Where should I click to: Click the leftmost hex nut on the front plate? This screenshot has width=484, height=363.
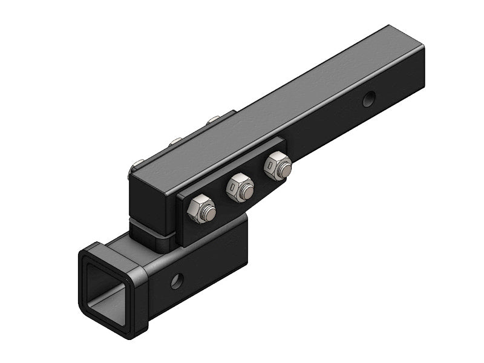click(x=200, y=210)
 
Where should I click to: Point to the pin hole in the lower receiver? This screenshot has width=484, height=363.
click(x=176, y=280)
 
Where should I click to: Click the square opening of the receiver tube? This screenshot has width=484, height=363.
click(x=106, y=290)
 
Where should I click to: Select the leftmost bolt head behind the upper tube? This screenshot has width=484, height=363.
click(x=138, y=164)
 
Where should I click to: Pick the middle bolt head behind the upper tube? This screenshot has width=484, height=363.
click(x=175, y=142)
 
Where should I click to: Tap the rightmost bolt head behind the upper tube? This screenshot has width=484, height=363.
click(x=212, y=120)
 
